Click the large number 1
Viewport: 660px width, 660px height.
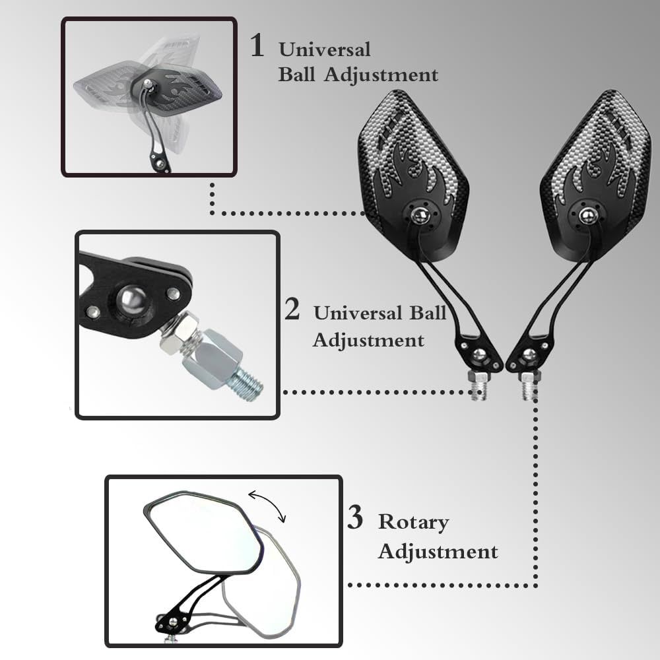(x=257, y=45)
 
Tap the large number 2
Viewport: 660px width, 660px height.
(x=292, y=309)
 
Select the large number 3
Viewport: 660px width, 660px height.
(x=355, y=517)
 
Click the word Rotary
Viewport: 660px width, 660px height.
(x=413, y=523)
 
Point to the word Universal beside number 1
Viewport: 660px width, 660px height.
(x=325, y=49)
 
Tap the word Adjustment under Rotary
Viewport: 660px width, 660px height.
(x=438, y=551)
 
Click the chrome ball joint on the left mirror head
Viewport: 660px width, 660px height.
(x=420, y=216)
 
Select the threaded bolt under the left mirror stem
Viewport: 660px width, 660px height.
(x=477, y=386)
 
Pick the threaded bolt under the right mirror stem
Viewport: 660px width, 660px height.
(x=528, y=386)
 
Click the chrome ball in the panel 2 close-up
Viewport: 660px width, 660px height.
(x=133, y=300)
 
